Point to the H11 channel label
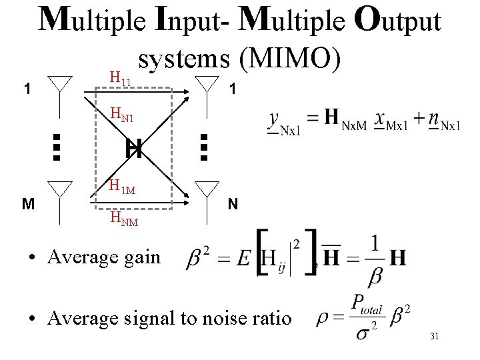(121, 81)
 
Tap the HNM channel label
(123, 218)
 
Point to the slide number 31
(434, 337)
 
